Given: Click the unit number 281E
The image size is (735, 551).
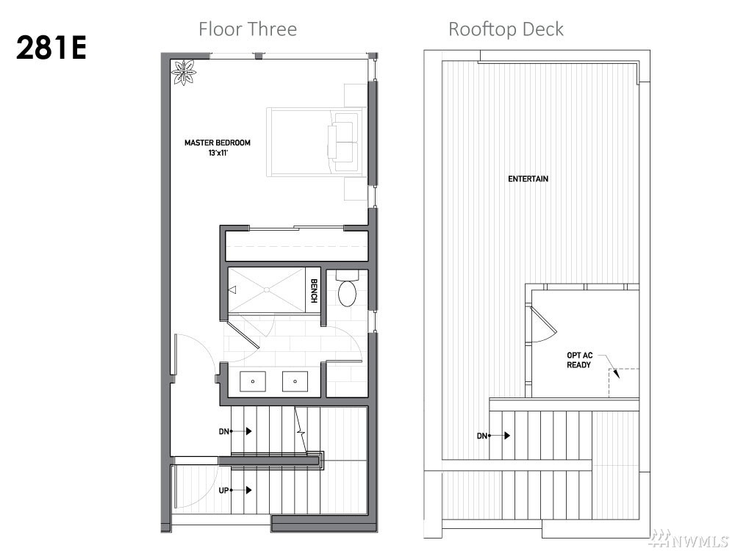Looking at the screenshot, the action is pos(51,48).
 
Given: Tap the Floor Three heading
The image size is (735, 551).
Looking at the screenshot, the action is pos(248,29).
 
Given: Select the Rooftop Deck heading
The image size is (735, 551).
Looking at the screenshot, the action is pos(506,29).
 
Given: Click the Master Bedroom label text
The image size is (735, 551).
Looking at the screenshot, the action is pos(218,143).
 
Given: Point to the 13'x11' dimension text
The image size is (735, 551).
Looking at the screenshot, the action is pos(218,153).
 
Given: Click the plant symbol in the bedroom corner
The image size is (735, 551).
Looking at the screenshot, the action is pos(184,73).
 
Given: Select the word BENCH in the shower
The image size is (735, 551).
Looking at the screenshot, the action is pos(314,291).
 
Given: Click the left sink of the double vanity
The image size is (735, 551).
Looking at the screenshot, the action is pos(253,381).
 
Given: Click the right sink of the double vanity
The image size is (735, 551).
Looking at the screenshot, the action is pos(295,381).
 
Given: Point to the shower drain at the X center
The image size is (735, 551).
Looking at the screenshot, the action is pos(266,289).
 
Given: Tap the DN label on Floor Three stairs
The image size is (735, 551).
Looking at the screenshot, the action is pos(223,431).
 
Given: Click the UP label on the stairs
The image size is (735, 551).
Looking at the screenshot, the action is pos(223,491).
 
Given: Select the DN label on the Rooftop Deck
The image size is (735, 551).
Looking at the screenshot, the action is pos(482,436).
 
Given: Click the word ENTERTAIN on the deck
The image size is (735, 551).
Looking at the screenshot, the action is pos(528,179).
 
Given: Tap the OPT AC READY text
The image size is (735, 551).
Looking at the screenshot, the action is pos(579,360).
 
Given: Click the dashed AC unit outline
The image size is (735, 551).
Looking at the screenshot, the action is pos(624,383).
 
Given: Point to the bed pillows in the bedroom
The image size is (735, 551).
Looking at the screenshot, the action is pos(343,142).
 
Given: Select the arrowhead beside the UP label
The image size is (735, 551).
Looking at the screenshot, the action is pos(249,491).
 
